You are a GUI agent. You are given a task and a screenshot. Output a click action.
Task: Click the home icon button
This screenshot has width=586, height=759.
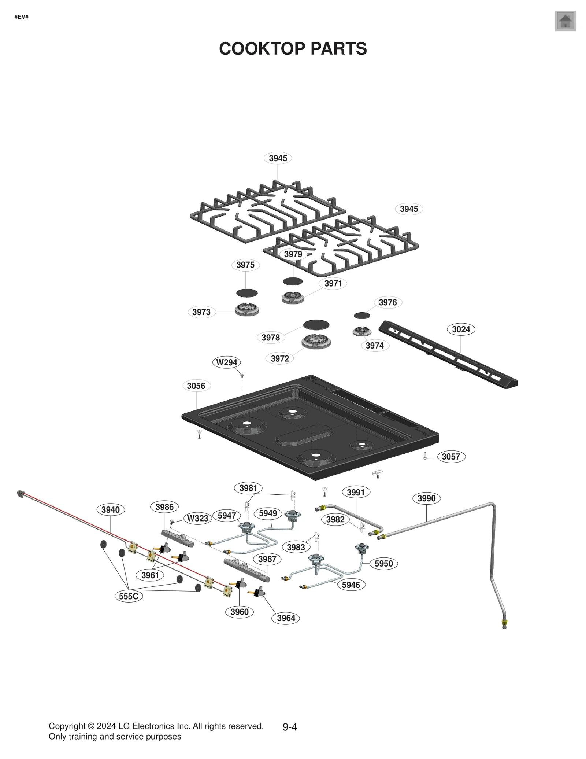pos(565,21)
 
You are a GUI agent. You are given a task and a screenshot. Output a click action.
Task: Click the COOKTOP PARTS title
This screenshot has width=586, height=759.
pos(293,49)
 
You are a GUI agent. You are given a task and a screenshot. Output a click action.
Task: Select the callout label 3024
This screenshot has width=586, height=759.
pos(461,329)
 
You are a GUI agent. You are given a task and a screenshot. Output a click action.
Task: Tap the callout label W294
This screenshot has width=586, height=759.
pos(227,362)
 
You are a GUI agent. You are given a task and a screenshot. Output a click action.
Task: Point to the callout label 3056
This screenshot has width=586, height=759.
pos(196,386)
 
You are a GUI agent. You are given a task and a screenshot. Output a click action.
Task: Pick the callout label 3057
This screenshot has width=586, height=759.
pos(450,456)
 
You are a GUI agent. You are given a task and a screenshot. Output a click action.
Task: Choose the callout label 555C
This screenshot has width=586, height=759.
pos(129,596)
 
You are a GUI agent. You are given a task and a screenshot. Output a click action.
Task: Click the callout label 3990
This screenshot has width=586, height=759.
pos(426,498)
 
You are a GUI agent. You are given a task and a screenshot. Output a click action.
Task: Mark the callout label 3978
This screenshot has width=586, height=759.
pos(271,338)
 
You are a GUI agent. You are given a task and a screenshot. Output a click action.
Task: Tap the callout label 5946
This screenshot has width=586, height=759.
pos(351,585)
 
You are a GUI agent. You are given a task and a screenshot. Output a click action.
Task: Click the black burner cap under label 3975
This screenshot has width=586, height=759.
pos(247,293)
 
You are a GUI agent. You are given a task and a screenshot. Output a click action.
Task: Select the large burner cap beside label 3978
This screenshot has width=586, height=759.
pos(316,325)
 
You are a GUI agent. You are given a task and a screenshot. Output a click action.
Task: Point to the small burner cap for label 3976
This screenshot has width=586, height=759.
pos(362,316)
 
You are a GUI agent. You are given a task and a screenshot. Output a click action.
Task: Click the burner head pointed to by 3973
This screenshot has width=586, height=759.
pos(247,310)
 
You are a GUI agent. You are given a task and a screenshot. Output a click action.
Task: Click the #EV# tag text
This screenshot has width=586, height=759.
pos(21,17)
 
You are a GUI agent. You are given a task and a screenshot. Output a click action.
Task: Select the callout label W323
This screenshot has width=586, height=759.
pos(198,518)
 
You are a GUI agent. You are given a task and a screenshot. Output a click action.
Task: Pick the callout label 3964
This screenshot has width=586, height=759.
pos(286,618)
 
